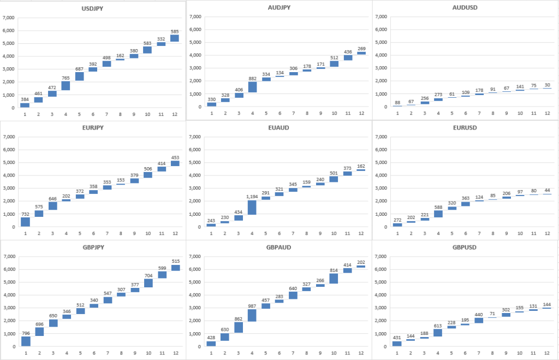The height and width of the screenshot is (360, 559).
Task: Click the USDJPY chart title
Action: pos(92,9)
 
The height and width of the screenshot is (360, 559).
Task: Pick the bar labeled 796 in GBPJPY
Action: pos(25,341)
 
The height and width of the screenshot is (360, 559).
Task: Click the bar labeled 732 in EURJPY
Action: pos(25,221)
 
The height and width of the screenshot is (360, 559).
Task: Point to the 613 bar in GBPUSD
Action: pos(438,333)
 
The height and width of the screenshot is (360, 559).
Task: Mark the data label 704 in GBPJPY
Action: pos(148,276)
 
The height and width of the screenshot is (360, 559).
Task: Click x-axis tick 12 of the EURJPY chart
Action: pos(175,233)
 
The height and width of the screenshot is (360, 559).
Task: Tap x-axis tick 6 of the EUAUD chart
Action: pos(279,233)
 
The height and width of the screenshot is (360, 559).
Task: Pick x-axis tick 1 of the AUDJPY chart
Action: pos(211,113)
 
